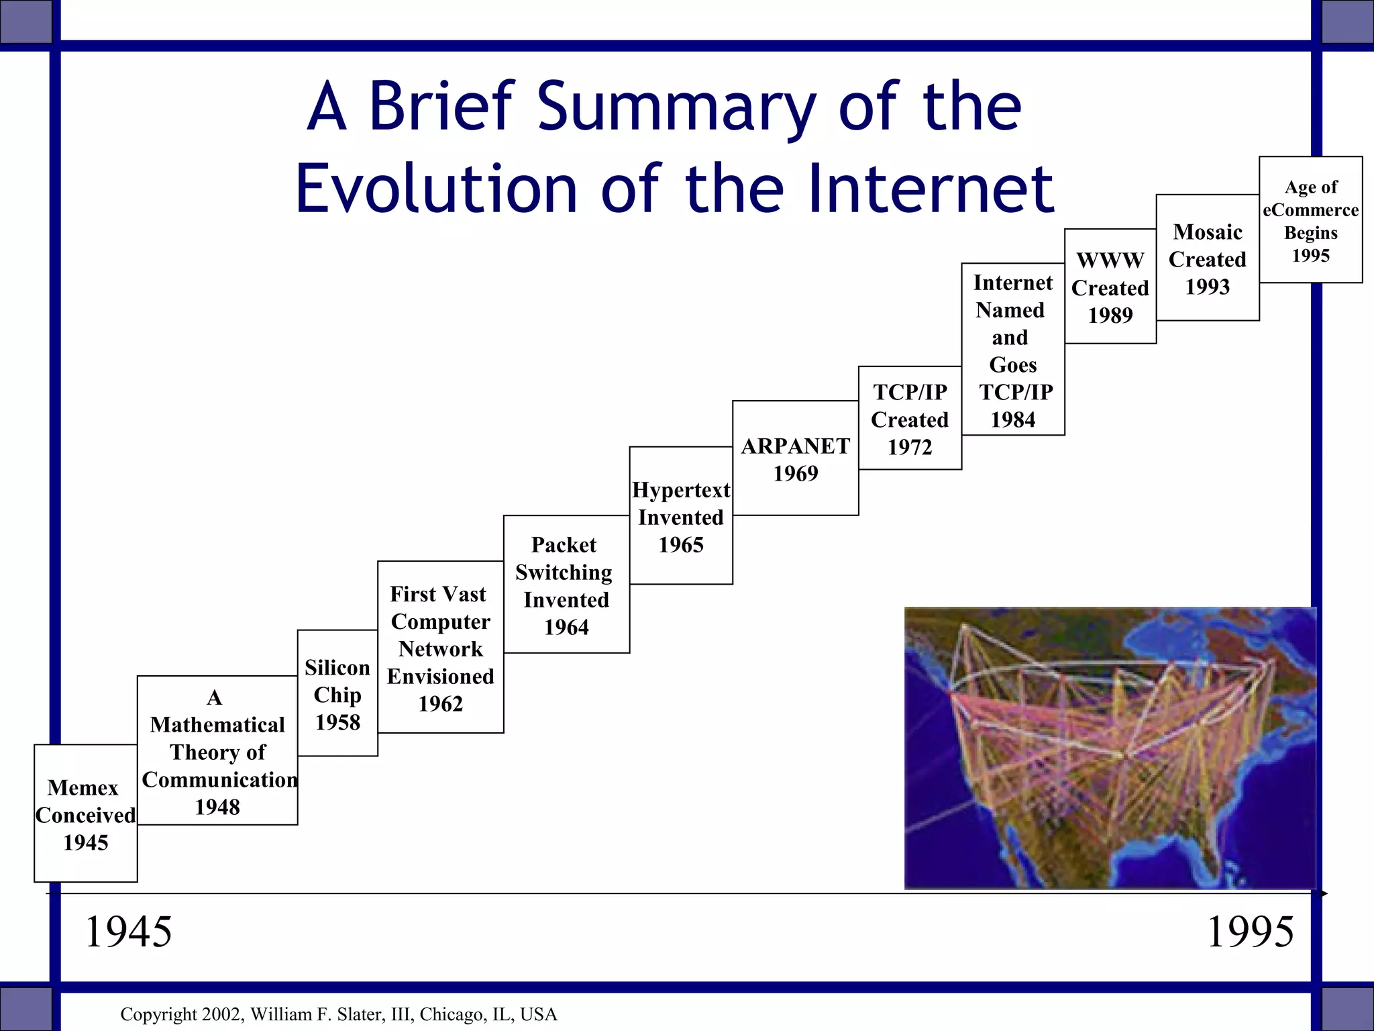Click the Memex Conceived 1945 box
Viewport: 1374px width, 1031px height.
pos(85,814)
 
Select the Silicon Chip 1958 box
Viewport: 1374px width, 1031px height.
pos(337,693)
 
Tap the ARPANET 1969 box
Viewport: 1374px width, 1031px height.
pos(795,459)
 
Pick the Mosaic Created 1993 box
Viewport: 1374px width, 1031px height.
pos(1207,258)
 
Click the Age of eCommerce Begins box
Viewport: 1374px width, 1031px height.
pos(1310,220)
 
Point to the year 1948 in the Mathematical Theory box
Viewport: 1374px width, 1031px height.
pos(217,807)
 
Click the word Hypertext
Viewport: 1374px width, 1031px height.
pos(681,490)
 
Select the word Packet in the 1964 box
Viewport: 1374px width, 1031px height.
pos(564,544)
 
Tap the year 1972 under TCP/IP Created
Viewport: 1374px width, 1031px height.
pos(910,447)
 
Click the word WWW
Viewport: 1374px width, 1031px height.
pos(1110,260)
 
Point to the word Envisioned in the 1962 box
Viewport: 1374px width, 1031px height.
pos(440,677)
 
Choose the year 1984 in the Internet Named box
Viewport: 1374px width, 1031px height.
pos(1013,420)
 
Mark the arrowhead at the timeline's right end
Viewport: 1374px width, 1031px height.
pos(1323,893)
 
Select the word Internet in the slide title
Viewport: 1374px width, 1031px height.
pos(931,189)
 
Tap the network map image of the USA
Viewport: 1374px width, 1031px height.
pos(1110,748)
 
